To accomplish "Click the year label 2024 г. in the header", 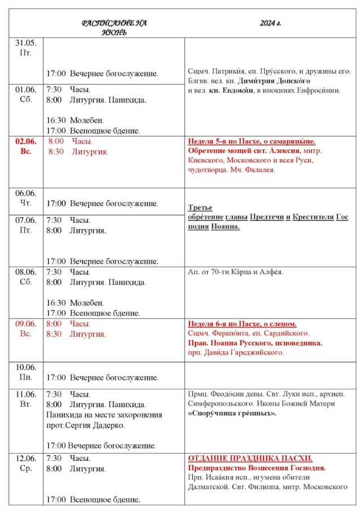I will pos(271,23).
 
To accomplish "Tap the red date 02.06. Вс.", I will pos(25,146).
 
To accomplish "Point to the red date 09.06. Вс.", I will pos(25,329).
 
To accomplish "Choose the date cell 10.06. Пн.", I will pos(25,372).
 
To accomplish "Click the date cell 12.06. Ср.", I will pos(25,463).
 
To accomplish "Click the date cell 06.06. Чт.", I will pos(25,198).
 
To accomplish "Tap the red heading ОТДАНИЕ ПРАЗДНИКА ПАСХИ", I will pos(250,458).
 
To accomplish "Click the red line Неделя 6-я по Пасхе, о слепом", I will pos(242,324).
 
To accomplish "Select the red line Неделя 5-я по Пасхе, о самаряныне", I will pos(251,141).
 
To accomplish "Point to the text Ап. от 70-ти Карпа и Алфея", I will pos(235,272).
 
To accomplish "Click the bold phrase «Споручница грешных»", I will pos(232,413).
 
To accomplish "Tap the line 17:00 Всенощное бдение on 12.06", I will pos(93,499).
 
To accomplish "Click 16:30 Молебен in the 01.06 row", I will pos(75,120).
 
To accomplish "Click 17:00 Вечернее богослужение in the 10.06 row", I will pos(102,377).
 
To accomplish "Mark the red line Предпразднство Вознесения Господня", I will pos(257,468).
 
